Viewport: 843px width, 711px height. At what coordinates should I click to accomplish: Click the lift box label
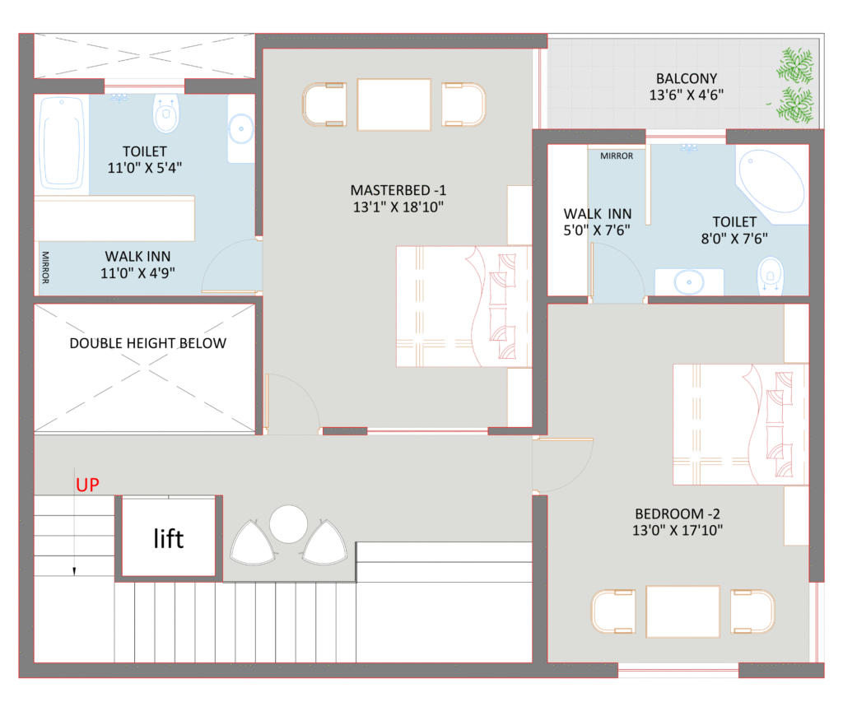pos(169,538)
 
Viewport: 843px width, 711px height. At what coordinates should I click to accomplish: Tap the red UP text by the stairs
pos(88,485)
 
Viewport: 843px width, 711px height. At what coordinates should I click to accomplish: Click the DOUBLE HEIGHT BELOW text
pos(147,343)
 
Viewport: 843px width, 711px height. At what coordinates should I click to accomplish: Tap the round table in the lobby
pos(288,524)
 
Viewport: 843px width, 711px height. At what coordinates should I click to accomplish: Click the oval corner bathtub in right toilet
pos(771,183)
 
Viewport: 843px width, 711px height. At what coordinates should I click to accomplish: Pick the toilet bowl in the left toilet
pos(166,114)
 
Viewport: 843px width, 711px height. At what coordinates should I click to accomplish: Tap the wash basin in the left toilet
pos(241,128)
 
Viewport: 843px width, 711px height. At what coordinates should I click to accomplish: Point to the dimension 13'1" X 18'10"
pos(398,207)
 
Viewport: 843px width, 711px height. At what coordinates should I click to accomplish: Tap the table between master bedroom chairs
pos(394,104)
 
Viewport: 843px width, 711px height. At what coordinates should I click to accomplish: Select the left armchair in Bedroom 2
pos(613,612)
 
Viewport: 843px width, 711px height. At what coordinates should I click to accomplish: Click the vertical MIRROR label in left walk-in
pos(45,267)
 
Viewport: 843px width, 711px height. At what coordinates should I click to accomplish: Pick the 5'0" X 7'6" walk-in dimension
pos(597,230)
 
